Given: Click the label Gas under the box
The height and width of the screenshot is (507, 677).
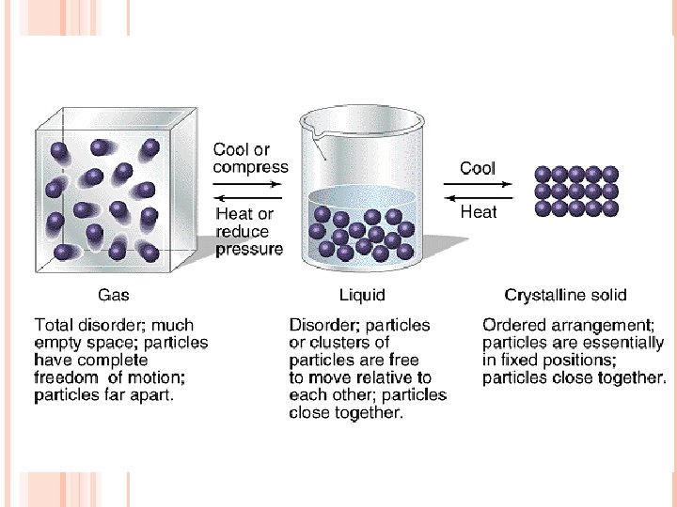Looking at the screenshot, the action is [114, 295].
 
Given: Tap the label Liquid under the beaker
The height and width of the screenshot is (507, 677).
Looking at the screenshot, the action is [362, 295].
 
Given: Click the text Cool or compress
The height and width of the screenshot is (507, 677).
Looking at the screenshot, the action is [250, 159].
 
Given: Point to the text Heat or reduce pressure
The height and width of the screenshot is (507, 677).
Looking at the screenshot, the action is [248, 232].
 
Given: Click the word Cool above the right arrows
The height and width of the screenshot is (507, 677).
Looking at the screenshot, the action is [478, 169].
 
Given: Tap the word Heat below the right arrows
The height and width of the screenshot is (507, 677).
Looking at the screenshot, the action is [478, 212].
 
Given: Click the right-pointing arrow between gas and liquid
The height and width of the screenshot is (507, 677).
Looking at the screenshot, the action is [248, 181].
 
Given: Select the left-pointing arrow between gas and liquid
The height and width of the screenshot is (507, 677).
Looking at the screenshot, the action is [248, 197].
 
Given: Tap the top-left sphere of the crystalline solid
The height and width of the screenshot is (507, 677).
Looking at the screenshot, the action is [543, 174].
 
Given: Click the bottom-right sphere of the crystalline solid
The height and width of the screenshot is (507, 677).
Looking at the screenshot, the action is [610, 207].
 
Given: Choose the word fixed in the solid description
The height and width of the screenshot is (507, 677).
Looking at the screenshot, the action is [520, 361].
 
